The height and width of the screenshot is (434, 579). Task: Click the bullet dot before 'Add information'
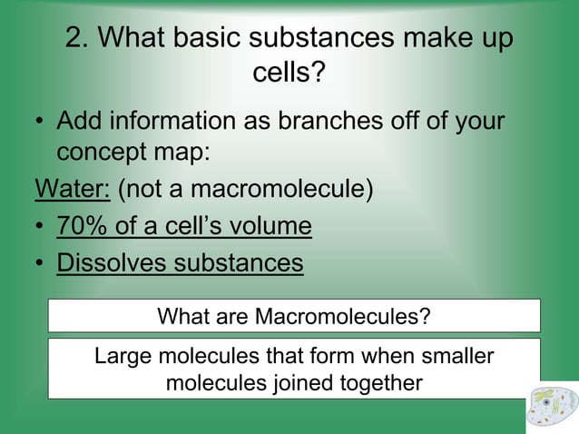tap(41, 122)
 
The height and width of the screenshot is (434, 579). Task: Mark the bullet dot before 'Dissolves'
tap(41, 263)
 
